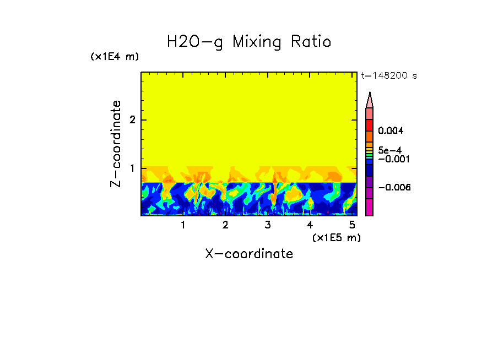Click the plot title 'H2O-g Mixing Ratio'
point(249,42)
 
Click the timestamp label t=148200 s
point(388,76)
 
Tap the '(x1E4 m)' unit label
point(115,57)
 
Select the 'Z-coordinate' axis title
point(116,144)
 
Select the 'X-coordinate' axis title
point(249,254)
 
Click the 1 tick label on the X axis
point(183,225)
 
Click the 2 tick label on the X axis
point(225,225)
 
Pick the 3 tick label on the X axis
point(268,225)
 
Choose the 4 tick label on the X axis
point(310,225)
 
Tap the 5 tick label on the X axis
point(352,225)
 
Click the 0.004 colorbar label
point(391,131)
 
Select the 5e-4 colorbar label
point(390,150)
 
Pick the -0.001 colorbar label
point(392,159)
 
